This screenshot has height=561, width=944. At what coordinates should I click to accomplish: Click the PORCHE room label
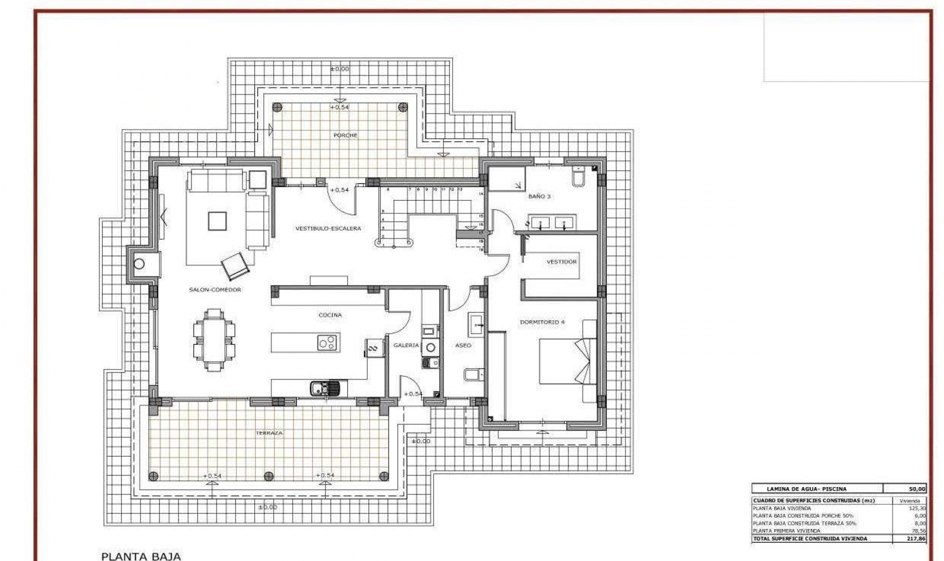345,135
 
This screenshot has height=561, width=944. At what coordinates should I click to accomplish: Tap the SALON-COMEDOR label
215,290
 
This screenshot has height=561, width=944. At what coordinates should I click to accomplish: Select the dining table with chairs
214,341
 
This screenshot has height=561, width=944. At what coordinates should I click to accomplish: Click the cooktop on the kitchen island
327,343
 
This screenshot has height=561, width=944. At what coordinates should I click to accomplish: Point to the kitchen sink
325,389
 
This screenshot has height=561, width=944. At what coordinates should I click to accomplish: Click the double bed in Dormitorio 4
565,361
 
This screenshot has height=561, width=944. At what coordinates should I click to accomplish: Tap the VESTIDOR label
561,262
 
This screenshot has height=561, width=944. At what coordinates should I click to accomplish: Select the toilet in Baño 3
578,177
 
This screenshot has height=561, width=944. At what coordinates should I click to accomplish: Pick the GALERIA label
406,345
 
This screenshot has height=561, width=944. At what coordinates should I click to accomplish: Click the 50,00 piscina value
917,489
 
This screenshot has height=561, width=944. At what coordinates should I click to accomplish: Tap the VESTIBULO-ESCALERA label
328,228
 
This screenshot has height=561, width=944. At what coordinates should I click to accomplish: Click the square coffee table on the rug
217,221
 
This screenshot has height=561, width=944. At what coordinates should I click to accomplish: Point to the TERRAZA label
269,433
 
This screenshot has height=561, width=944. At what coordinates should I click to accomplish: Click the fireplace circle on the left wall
139,264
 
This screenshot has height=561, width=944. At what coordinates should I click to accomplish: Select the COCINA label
330,315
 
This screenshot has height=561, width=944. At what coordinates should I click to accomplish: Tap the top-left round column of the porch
277,107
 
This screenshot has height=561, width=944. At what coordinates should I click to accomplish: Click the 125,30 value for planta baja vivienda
917,508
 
